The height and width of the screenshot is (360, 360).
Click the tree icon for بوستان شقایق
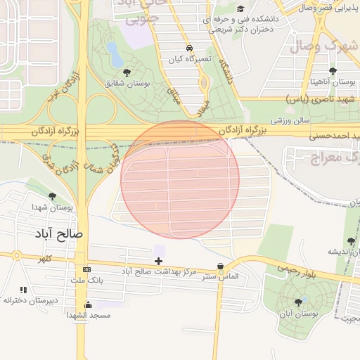tap(127, 72)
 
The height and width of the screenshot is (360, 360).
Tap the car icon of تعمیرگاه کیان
tap(189, 48)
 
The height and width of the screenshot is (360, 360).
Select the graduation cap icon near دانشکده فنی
tap(241, 9)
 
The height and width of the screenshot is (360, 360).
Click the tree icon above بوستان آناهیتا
tap(333, 71)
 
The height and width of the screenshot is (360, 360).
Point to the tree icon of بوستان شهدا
tap(53, 196)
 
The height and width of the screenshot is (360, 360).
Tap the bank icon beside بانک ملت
tap(86, 270)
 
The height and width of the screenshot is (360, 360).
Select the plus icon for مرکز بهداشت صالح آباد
tap(159, 261)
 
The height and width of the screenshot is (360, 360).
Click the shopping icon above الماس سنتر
tap(221, 266)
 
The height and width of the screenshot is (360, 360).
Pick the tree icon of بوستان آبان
tap(299, 302)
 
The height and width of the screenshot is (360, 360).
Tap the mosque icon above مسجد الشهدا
tap(89, 305)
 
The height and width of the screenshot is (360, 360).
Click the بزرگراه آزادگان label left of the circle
tap(56, 131)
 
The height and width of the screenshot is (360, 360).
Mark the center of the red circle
tap(180, 179)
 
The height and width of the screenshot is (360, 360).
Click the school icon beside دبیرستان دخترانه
tap(23, 290)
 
